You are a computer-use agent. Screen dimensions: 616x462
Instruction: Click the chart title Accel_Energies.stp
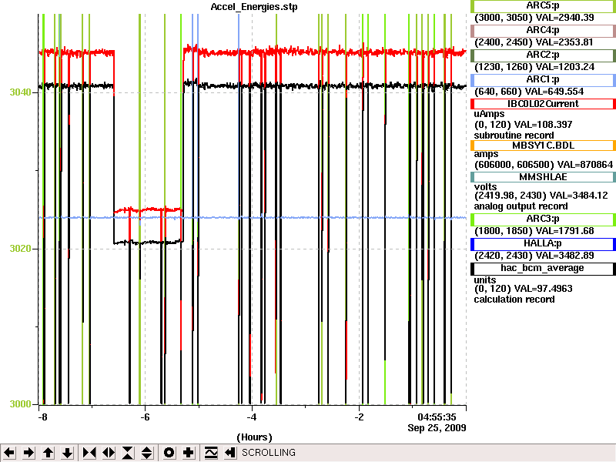[x=254, y=7]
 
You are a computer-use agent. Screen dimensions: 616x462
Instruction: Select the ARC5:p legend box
[x=543, y=6]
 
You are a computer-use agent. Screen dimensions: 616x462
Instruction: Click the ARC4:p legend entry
[x=543, y=30]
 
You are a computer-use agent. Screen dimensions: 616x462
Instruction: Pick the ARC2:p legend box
[x=543, y=55]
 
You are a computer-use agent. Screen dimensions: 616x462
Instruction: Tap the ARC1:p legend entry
[x=543, y=80]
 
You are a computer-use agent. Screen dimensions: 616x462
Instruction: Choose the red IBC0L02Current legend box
[x=543, y=104]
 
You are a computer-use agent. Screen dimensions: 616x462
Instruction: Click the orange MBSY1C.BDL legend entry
[x=543, y=146]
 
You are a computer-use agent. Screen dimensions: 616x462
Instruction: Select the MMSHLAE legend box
[x=543, y=177]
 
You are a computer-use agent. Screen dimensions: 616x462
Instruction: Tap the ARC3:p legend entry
[x=543, y=219]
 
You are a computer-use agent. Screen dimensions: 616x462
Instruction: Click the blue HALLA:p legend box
[x=543, y=244]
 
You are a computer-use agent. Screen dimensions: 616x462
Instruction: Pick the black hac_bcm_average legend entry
[x=543, y=269]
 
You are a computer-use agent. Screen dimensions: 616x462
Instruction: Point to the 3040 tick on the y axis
[x=21, y=92]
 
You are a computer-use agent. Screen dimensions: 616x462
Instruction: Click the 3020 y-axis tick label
[x=21, y=249]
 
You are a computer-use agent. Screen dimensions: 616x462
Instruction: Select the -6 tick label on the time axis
[x=145, y=417]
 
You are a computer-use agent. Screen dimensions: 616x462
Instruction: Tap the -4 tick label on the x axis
[x=252, y=417]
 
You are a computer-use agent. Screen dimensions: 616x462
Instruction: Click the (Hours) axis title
[x=254, y=437]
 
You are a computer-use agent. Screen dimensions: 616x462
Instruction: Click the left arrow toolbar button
[x=9, y=453]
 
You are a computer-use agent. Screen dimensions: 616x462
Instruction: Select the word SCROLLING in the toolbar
[x=269, y=453]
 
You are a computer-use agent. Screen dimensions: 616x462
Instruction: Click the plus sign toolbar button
[x=189, y=453]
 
